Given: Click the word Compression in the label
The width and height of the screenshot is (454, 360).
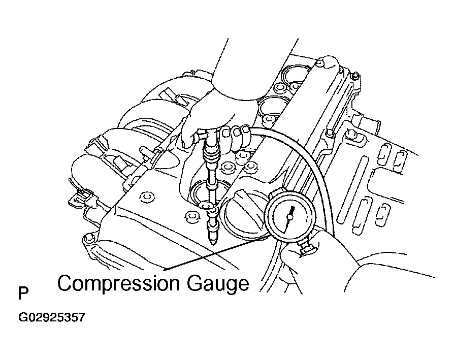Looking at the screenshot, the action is (118, 284).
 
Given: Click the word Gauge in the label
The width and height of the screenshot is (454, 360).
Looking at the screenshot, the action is (217, 284).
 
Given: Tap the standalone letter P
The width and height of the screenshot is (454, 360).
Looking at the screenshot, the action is (23, 293).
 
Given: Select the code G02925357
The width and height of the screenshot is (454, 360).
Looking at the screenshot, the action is (52, 317).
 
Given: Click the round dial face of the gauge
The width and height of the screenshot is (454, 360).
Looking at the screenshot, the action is (289, 215).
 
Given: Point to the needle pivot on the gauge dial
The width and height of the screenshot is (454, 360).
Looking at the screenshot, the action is (289, 216).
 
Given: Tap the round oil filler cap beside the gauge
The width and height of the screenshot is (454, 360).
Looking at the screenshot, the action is (243, 215).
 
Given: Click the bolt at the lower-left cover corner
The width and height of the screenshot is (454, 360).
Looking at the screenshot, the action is (88, 238).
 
